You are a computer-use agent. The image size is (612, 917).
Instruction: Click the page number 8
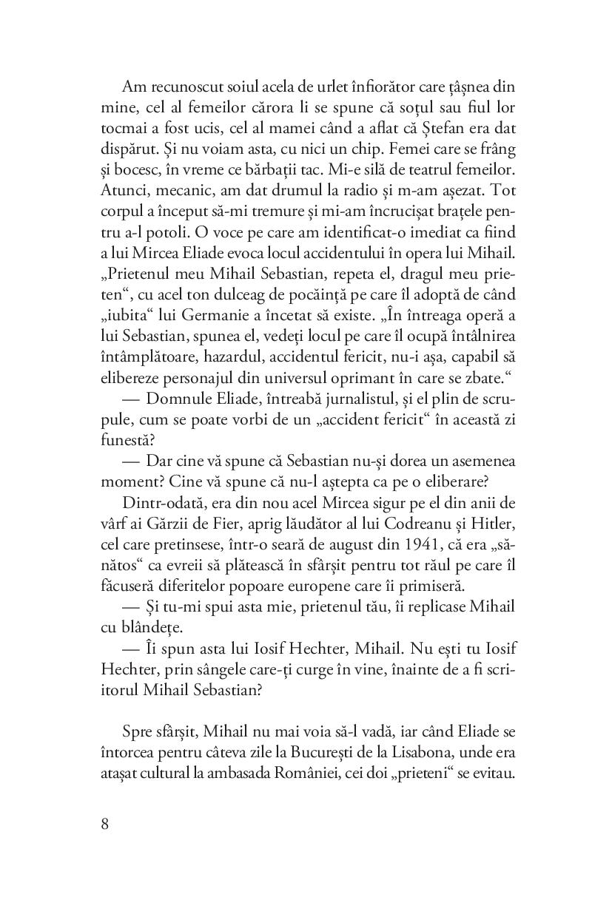104,825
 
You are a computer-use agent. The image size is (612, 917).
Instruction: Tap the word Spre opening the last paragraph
136,731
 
